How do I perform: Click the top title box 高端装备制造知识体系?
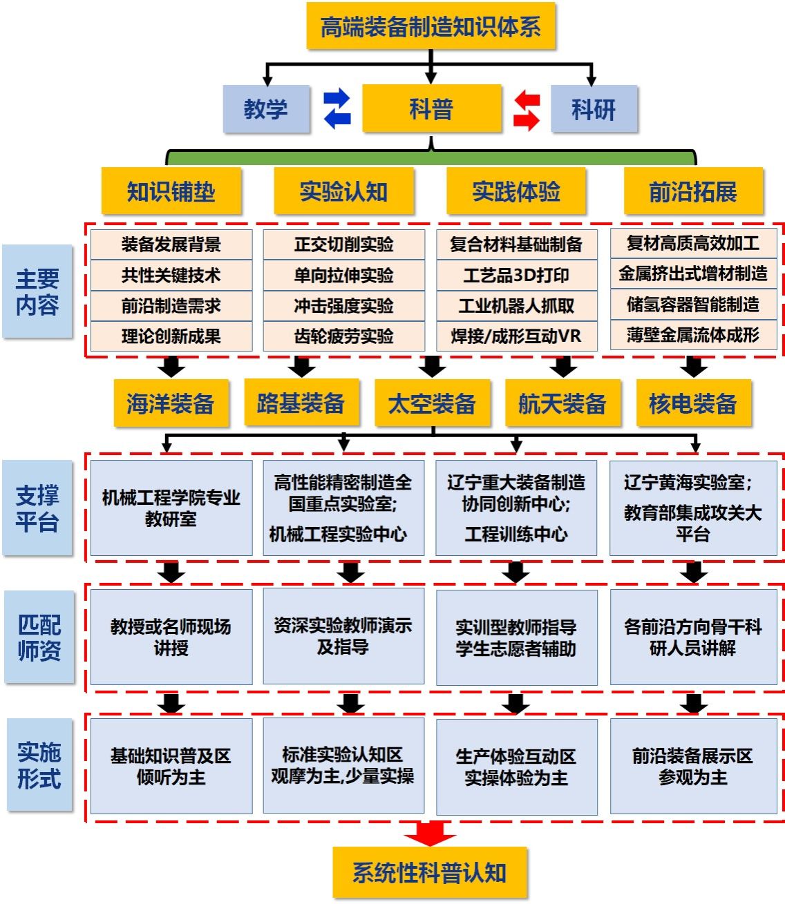click(431, 26)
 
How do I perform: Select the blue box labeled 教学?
click(266, 108)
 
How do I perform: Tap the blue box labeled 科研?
click(594, 108)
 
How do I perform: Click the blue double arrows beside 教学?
click(337, 108)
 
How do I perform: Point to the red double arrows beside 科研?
click(527, 110)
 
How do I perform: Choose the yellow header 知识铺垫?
click(171, 191)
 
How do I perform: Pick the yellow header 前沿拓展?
click(693, 191)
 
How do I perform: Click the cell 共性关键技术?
click(171, 275)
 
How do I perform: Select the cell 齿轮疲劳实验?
click(343, 336)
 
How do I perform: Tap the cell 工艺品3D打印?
click(516, 275)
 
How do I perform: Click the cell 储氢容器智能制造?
click(693, 305)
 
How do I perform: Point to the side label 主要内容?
click(37, 291)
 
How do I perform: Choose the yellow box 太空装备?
click(432, 403)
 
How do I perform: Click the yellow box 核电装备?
click(693, 403)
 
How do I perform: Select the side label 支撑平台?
click(37, 508)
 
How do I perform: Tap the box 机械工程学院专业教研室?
click(171, 508)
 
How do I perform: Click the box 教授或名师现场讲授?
click(171, 637)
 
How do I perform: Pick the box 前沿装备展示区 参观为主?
click(693, 766)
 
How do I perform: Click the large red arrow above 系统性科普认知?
click(430, 833)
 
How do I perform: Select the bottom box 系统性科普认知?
click(430, 872)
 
